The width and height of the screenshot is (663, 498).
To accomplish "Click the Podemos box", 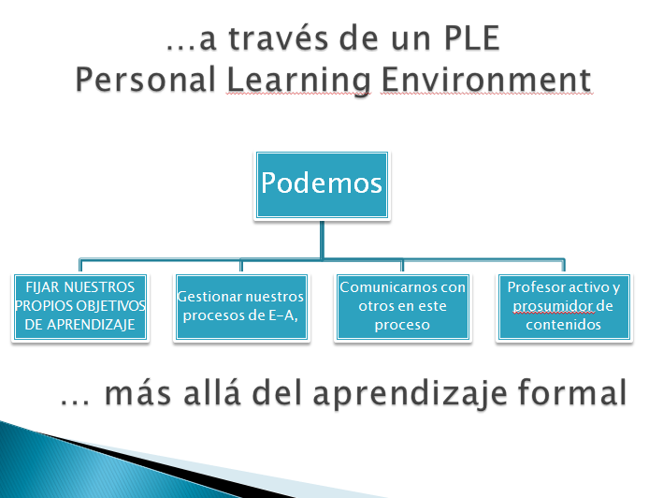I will pyautogui.click(x=322, y=183).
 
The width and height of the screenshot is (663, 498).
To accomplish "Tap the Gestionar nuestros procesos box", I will pyautogui.click(x=240, y=306).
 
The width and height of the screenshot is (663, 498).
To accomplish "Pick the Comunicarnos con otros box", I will pyautogui.click(x=402, y=306).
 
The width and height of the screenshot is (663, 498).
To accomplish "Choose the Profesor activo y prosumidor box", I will pyautogui.click(x=563, y=306).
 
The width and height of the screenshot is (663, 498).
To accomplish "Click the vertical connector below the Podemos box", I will pyautogui.click(x=322, y=239).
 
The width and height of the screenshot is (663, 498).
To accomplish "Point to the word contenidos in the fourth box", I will pyautogui.click(x=563, y=325).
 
